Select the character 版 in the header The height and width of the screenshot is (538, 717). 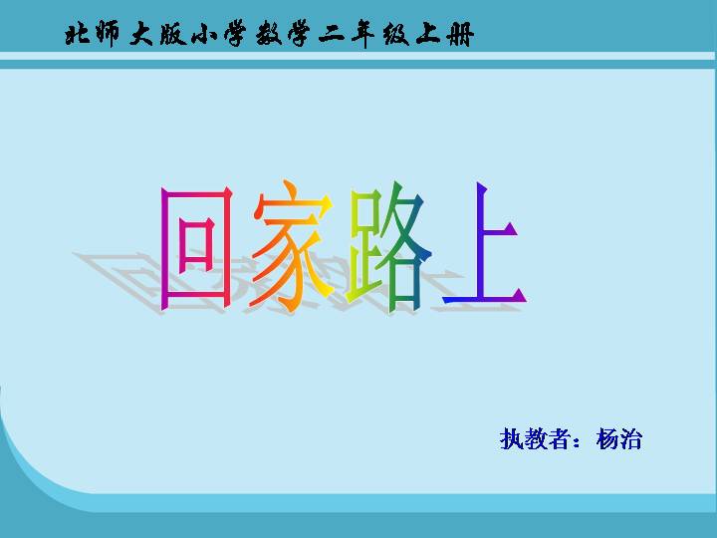point(173,35)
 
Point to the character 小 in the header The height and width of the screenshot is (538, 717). point(204,35)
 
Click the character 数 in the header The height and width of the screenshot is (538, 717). point(269,35)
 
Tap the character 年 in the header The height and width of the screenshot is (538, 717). point(364,35)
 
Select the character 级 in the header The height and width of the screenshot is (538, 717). point(396,35)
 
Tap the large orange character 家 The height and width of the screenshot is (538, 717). point(292,245)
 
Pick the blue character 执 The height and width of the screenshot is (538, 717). point(512,439)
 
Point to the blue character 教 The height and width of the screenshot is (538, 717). point(536,439)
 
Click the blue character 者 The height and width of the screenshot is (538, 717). point(560,439)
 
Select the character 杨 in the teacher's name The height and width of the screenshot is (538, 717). point(607,439)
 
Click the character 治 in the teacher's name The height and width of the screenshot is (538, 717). point(631,439)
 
